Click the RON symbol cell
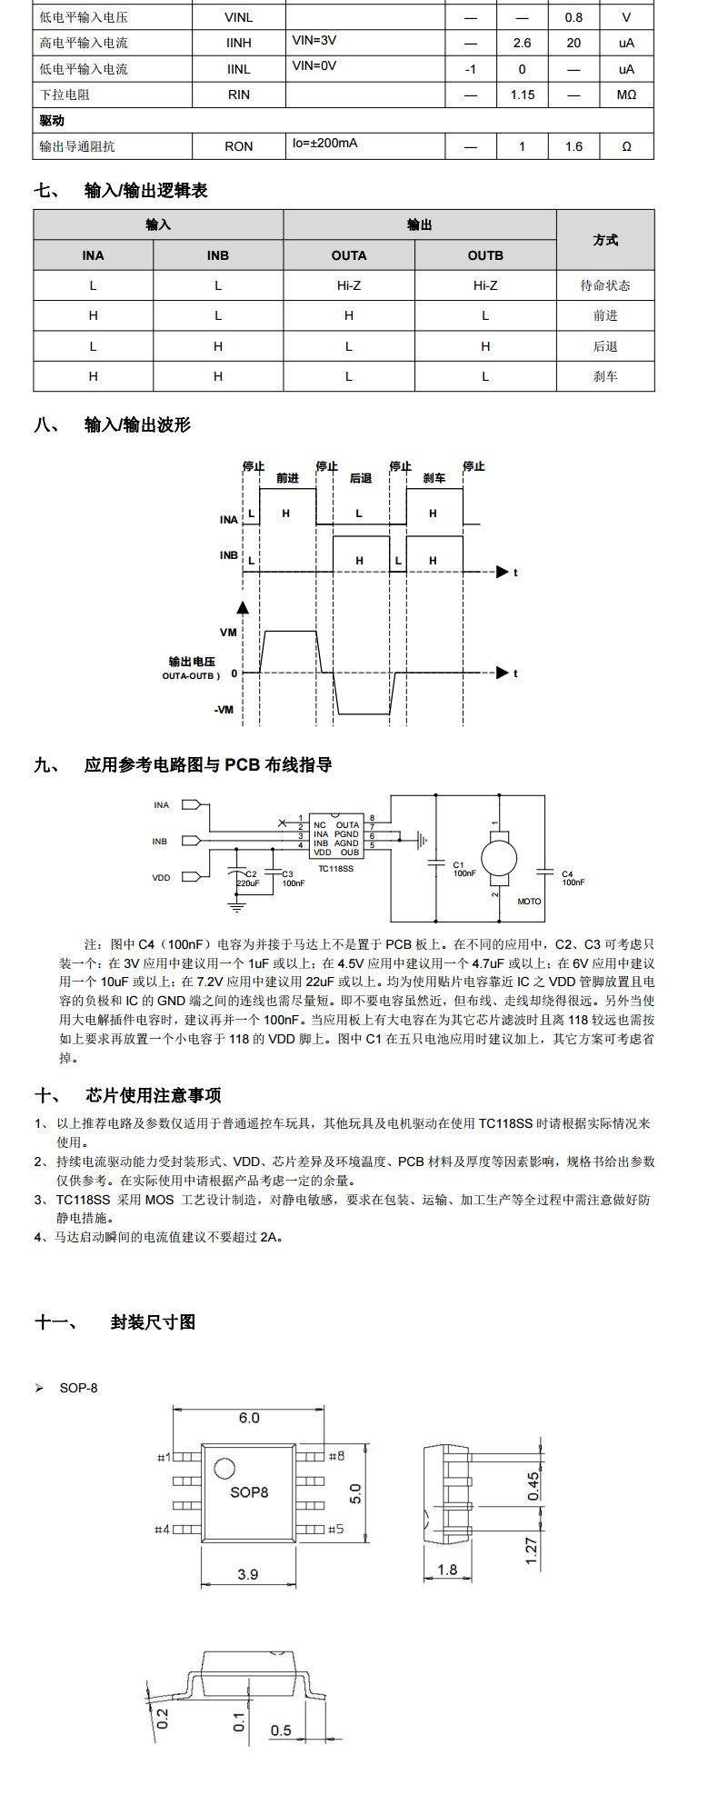[238, 146]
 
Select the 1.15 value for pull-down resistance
[522, 95]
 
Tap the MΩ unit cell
[626, 95]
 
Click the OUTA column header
[349, 255]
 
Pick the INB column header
[218, 255]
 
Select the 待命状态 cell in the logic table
[605, 285]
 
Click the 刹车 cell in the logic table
[605, 376]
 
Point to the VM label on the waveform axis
[228, 633]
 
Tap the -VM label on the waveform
[225, 710]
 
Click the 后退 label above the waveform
[361, 478]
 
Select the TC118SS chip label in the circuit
[335, 869]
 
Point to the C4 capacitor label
[567, 874]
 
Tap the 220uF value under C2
[247, 883]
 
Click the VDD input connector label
[161, 878]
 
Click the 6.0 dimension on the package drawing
[249, 1418]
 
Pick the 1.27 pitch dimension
[533, 1549]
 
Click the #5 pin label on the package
[335, 1529]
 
